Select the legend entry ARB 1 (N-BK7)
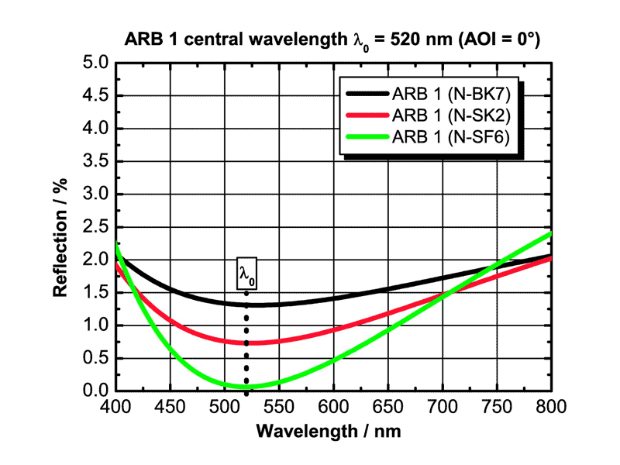pos(456,95)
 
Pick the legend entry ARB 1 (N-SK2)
pos(456,116)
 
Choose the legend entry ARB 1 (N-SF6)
pos(456,137)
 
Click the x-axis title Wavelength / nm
pos(332,428)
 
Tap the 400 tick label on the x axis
pos(115,407)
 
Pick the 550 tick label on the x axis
pos(279,407)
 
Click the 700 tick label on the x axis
pos(442,407)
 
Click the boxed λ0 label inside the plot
pos(246,274)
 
